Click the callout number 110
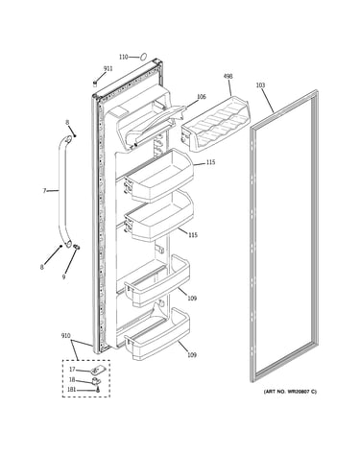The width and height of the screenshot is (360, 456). [x=123, y=57]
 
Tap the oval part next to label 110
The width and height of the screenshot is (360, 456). [x=143, y=57]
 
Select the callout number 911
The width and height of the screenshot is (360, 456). [x=108, y=68]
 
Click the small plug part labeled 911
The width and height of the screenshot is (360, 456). [x=95, y=84]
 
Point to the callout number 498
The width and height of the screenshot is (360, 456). [x=228, y=76]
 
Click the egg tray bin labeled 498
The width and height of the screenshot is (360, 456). [x=216, y=123]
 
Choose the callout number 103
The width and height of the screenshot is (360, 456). [x=260, y=85]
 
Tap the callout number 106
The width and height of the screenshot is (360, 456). [x=202, y=97]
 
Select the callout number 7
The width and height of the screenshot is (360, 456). [x=44, y=191]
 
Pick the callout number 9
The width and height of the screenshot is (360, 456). [x=63, y=276]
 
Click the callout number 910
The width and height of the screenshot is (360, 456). [x=66, y=336]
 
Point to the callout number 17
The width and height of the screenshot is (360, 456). [x=72, y=370]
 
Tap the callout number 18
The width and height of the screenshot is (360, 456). [x=72, y=380]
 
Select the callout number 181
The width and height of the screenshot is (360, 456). [x=72, y=390]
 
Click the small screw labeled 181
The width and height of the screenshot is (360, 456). [x=98, y=390]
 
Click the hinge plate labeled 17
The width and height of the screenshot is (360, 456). [x=95, y=371]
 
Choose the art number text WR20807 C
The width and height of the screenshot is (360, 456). [x=290, y=392]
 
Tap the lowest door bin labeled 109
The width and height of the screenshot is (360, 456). [x=156, y=334]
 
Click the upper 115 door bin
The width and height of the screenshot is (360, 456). [x=159, y=175]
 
